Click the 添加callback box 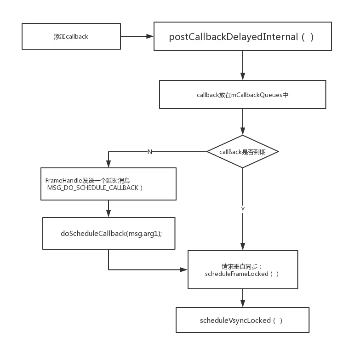pyautogui.click(x=71, y=36)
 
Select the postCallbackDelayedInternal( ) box pyautogui.click(x=242, y=37)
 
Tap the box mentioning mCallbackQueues pyautogui.click(x=242, y=95)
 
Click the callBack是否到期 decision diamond pyautogui.click(x=242, y=152)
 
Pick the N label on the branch pyautogui.click(x=150, y=152)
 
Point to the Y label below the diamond pyautogui.click(x=243, y=209)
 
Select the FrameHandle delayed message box pyautogui.click(x=109, y=184)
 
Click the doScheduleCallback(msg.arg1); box pyautogui.click(x=109, y=233)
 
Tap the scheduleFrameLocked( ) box pyautogui.click(x=242, y=270)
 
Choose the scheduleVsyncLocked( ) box pyautogui.click(x=242, y=320)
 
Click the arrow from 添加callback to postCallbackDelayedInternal pyautogui.click(x=137, y=36)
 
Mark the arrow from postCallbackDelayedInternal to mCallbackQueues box pyautogui.click(x=243, y=66)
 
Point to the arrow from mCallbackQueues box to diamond pyautogui.click(x=243, y=122)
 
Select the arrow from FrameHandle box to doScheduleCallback pyautogui.click(x=109, y=209)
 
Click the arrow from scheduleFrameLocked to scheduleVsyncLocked pyautogui.click(x=243, y=298)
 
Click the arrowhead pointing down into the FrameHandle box pyautogui.click(x=109, y=164)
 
